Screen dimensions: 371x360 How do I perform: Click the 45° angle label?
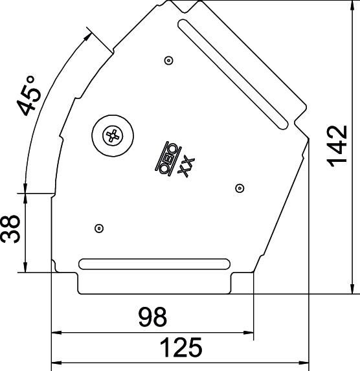(30, 96)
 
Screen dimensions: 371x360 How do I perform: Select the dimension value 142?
(337, 146)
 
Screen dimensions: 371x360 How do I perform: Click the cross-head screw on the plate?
(113, 136)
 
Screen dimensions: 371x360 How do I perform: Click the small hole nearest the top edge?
(168, 60)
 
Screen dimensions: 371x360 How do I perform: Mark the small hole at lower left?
(98, 227)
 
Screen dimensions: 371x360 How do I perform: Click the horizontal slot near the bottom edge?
(154, 264)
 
